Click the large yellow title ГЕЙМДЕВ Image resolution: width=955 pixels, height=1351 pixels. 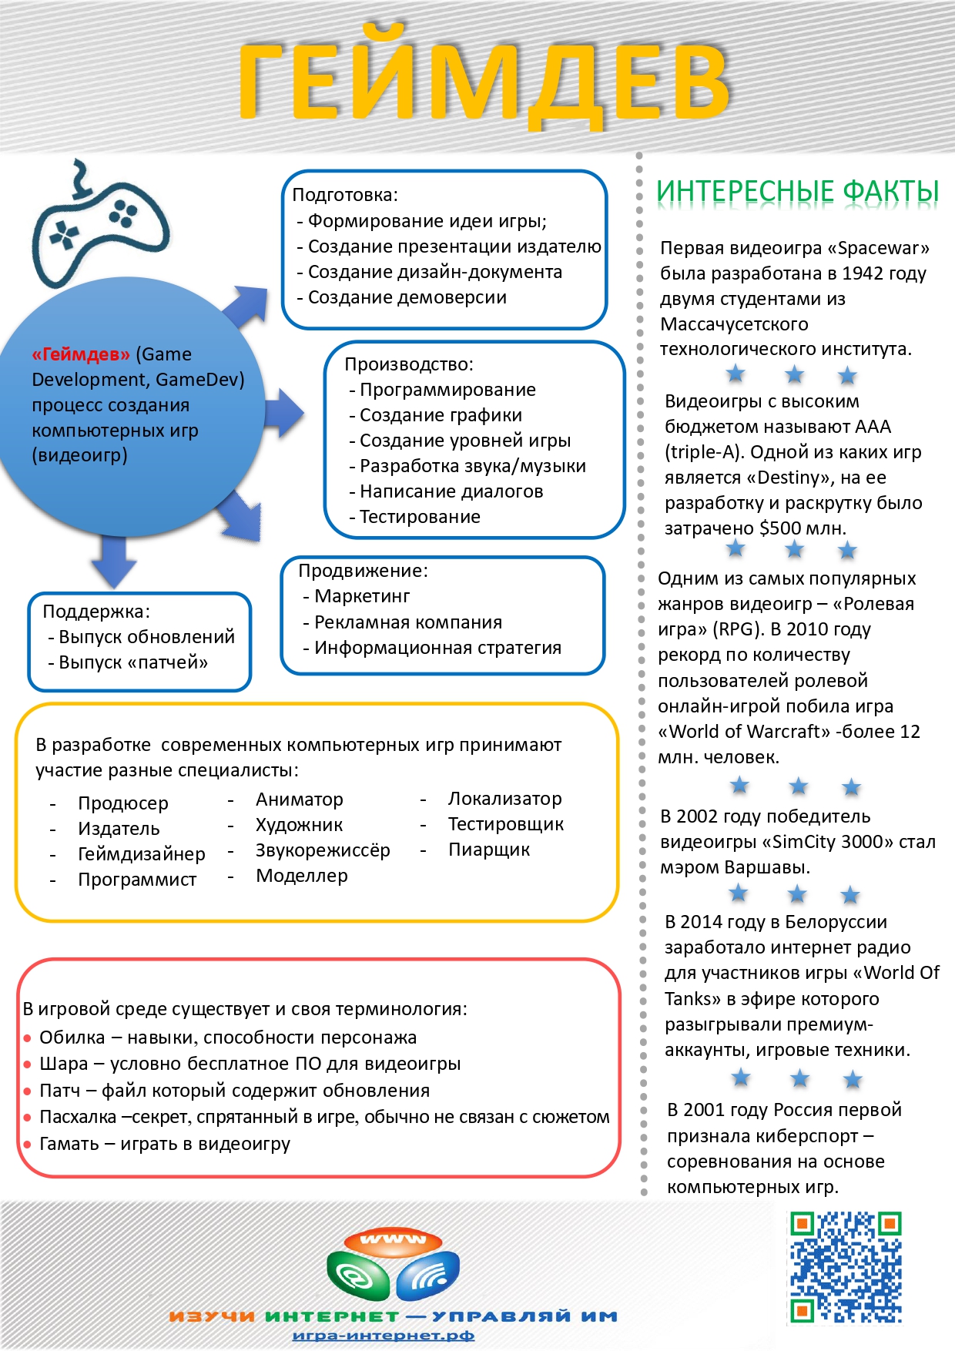pyautogui.click(x=484, y=80)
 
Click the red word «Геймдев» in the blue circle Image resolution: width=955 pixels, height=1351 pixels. pyautogui.click(x=81, y=354)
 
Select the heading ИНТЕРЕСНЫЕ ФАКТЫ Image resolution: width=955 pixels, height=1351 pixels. pyautogui.click(x=797, y=191)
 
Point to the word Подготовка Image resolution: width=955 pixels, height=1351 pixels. pyautogui.click(x=343, y=195)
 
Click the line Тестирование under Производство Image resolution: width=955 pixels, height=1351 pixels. pyautogui.click(x=420, y=517)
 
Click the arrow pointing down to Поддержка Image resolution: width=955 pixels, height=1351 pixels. pyautogui.click(x=114, y=562)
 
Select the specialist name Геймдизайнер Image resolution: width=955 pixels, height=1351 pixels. pyautogui.click(x=142, y=854)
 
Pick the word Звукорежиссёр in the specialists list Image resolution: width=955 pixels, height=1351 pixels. pyautogui.click(x=323, y=850)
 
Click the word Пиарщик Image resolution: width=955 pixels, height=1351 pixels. pyautogui.click(x=489, y=850)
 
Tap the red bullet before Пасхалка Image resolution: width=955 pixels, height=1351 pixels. pyautogui.click(x=28, y=1118)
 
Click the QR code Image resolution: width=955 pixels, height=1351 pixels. pyautogui.click(x=846, y=1266)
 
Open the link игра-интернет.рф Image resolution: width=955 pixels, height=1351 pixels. pyautogui.click(x=384, y=1336)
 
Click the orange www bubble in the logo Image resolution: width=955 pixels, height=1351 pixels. pyautogui.click(x=393, y=1239)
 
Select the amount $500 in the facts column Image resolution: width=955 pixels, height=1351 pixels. pyautogui.click(x=779, y=528)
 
